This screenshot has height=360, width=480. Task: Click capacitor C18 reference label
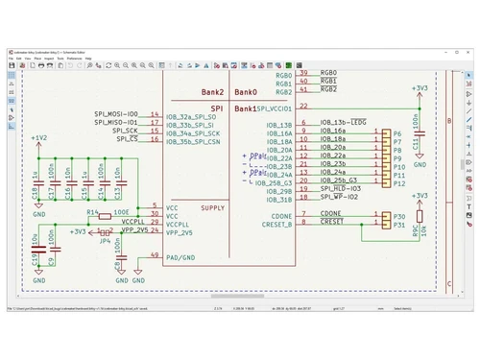[36, 192]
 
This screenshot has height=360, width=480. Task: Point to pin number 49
[155, 254]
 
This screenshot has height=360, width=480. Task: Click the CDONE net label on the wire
[331, 213]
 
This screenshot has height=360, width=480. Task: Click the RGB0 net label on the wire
[328, 74]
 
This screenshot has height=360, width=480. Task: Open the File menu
[12, 59]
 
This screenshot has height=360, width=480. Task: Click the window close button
[470, 50]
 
